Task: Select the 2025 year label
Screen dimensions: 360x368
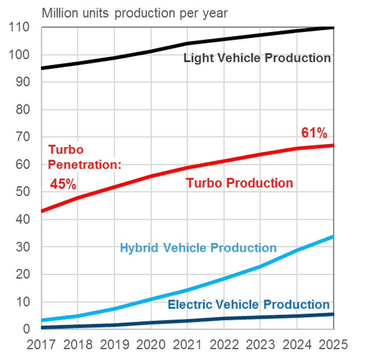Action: (332, 345)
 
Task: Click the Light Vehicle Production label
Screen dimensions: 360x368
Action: (257, 58)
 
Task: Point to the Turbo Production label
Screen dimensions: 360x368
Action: (239, 183)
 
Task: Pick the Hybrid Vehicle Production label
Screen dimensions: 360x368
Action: (198, 248)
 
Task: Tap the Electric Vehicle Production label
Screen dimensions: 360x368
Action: (249, 304)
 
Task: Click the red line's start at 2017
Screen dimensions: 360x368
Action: (42, 211)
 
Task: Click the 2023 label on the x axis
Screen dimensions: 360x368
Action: (260, 345)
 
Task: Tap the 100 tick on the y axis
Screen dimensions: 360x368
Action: (21, 55)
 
